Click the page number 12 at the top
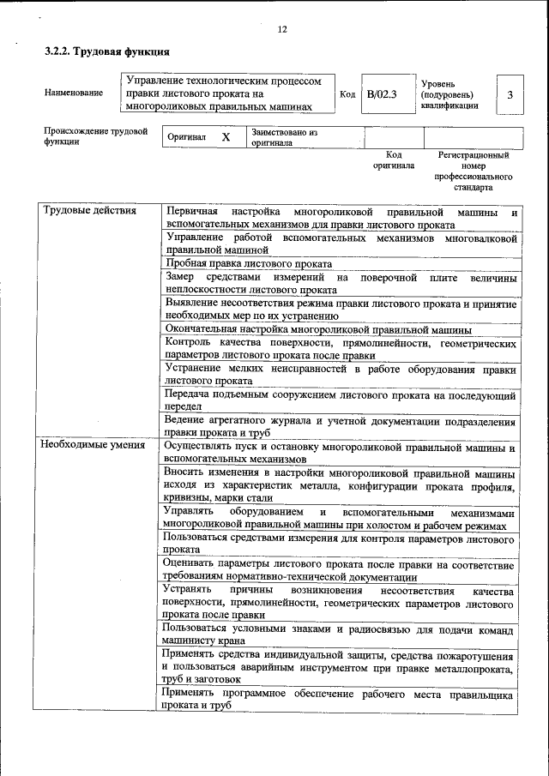click(281, 30)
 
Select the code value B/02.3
click(382, 94)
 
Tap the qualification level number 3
click(510, 95)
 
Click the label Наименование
click(74, 93)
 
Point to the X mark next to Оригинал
click(226, 137)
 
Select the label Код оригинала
click(394, 160)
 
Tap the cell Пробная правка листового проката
click(249, 263)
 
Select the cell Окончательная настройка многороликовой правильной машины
click(318, 330)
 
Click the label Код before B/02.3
click(347, 94)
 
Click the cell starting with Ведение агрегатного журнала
click(341, 427)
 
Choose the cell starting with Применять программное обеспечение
click(341, 700)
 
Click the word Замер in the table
click(181, 278)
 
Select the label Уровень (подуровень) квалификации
click(450, 94)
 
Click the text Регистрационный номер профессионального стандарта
click(474, 171)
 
